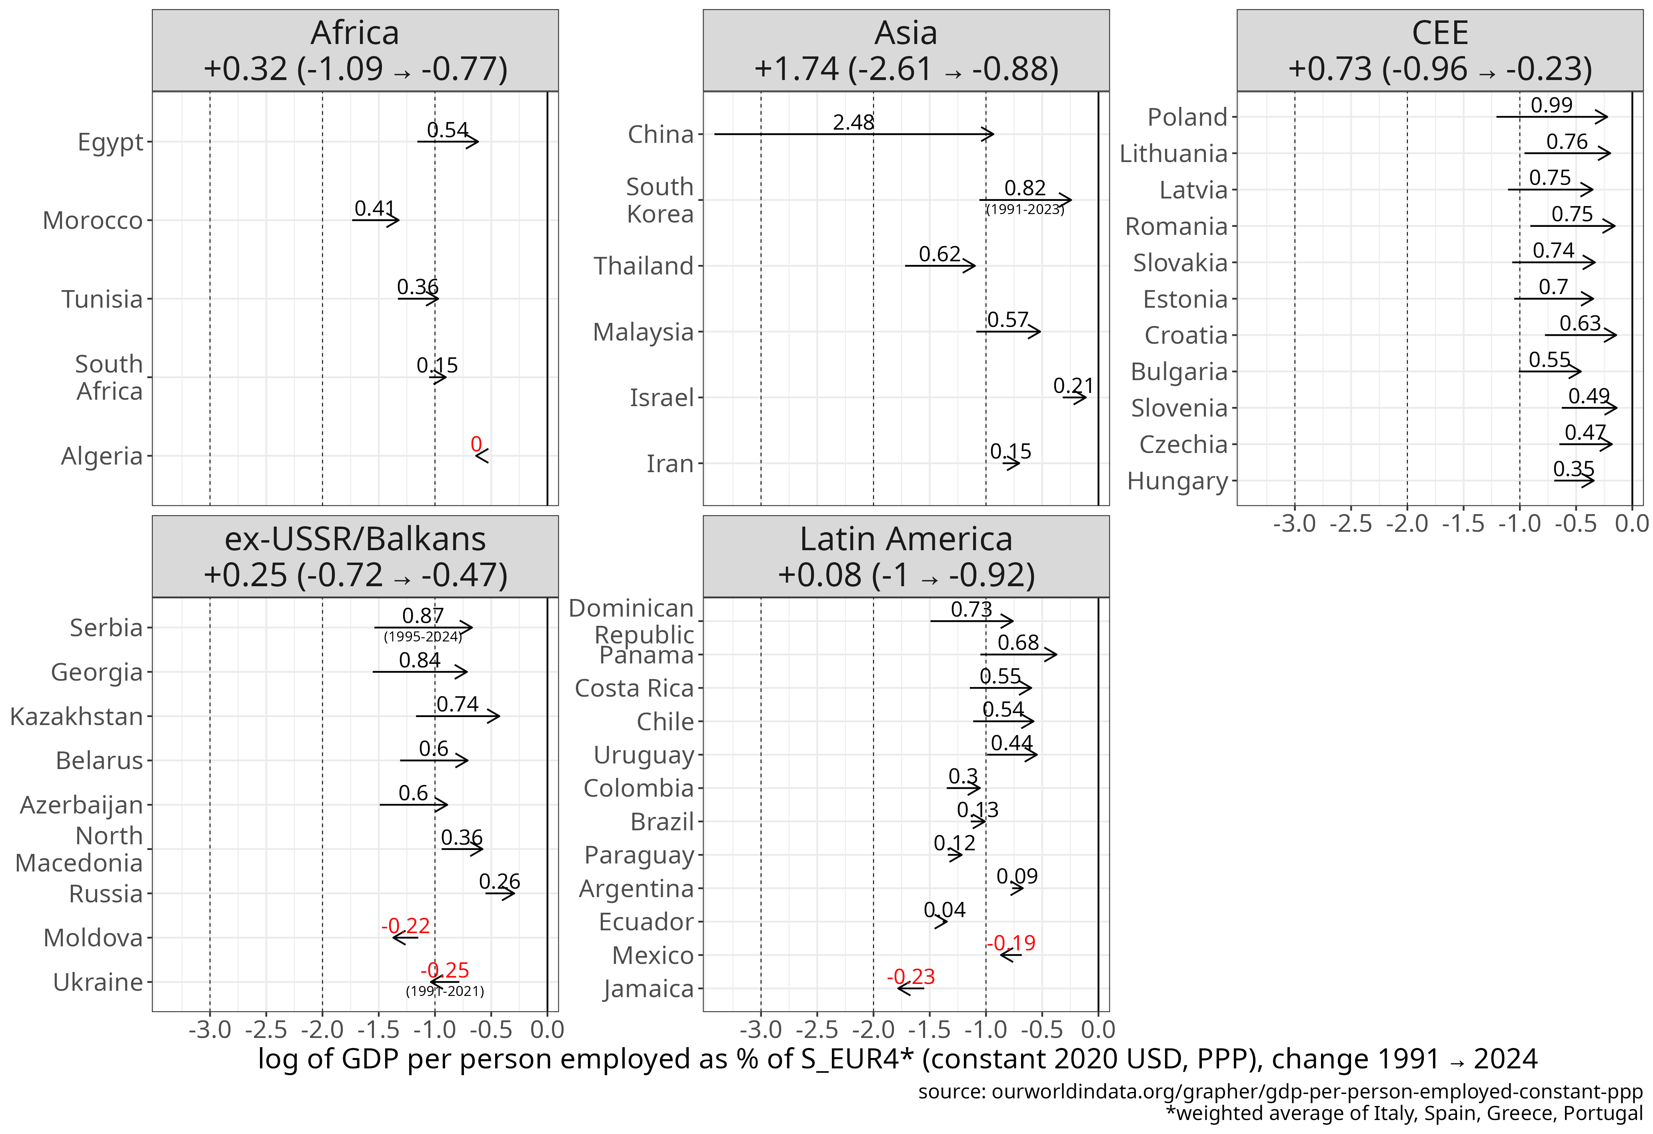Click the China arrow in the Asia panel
coord(853,134)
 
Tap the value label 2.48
coord(853,122)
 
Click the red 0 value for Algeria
coord(476,445)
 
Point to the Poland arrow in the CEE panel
coord(1551,117)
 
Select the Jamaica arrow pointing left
coord(910,988)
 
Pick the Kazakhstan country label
coord(77,716)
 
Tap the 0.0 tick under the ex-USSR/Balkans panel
coord(547,1030)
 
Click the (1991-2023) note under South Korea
coord(1025,209)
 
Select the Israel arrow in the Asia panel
coord(1074,397)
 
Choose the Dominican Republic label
coord(632,621)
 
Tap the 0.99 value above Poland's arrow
coord(1551,105)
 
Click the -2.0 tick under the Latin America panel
coord(873,1030)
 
